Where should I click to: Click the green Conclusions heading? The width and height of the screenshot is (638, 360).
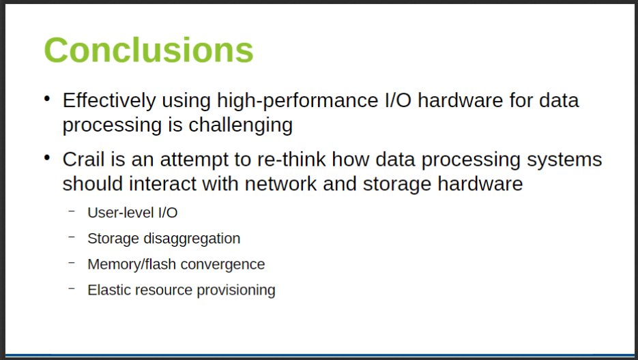(148, 50)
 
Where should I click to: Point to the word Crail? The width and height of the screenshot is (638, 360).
(83, 160)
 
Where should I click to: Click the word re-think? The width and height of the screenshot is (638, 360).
(293, 160)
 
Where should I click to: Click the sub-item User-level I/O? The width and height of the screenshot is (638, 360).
(132, 213)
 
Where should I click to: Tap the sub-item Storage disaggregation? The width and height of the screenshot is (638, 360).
(164, 239)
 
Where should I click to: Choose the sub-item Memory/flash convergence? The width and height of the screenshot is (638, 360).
(176, 265)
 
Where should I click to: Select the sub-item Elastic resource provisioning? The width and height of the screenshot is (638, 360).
(182, 290)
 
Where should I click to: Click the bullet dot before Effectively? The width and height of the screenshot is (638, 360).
(47, 100)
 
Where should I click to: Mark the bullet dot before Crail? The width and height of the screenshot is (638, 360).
(47, 158)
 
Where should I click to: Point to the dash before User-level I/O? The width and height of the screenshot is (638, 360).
(72, 211)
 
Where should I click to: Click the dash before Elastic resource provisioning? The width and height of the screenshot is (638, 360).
(72, 288)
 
